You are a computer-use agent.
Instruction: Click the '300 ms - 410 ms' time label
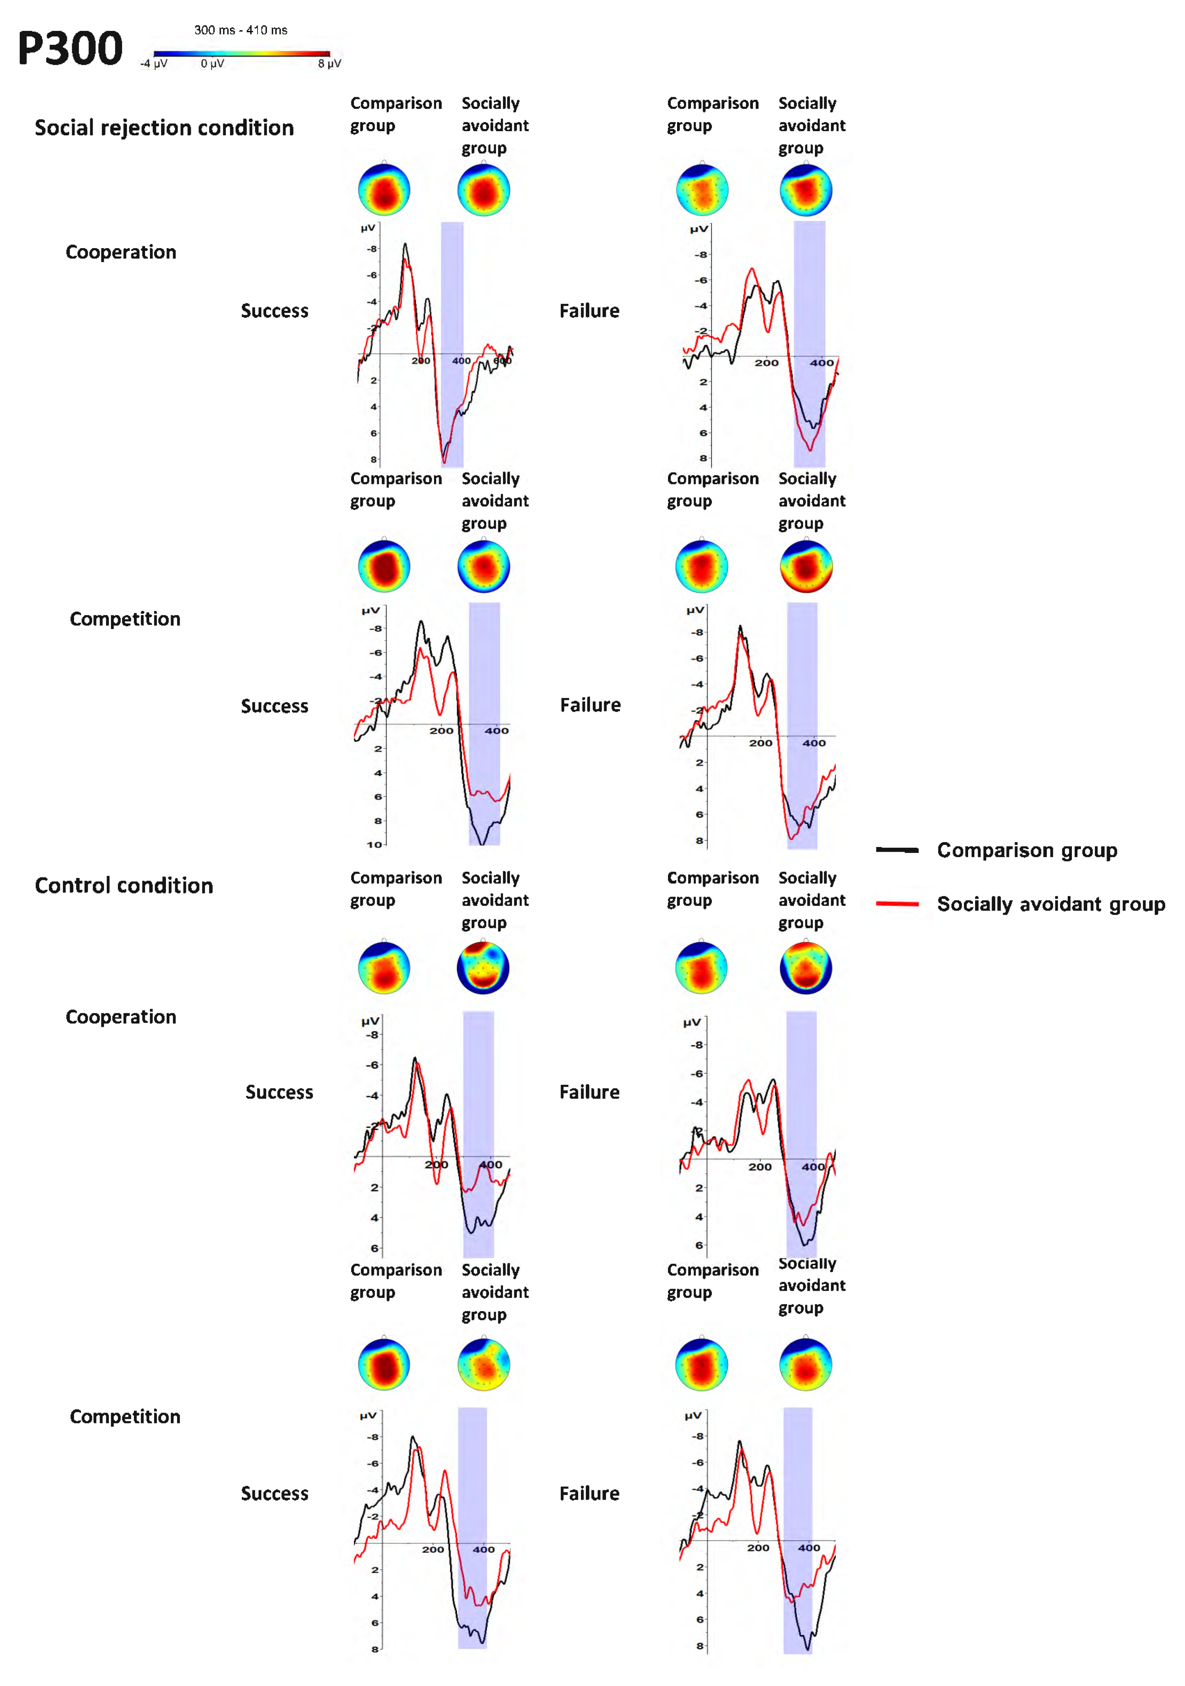241,30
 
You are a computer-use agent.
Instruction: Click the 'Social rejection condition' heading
164,128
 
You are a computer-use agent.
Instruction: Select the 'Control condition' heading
124,886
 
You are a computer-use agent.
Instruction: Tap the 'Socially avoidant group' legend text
1051,904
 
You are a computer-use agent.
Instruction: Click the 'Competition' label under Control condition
125,1416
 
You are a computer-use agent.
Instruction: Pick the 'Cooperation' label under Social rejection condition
121,252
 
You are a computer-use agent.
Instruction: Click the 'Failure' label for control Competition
590,1494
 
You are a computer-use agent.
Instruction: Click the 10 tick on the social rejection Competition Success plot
374,845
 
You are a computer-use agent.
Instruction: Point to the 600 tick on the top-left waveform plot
502,361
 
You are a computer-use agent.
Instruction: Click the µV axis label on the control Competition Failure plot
692,1415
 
